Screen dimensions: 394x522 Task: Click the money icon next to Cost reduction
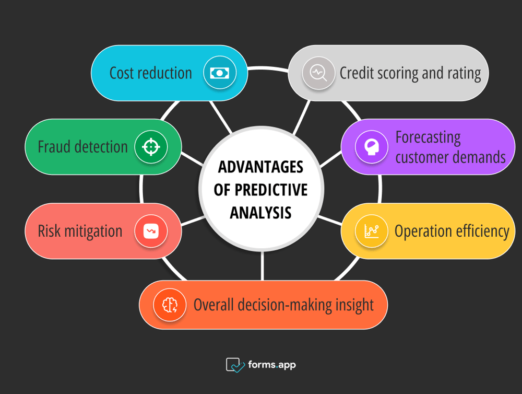[x=220, y=73]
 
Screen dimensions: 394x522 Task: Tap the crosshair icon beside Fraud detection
[x=151, y=147]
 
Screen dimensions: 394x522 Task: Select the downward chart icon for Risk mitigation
[x=151, y=231]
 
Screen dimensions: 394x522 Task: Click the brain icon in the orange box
[x=170, y=305]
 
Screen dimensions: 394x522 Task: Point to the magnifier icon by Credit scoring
[x=318, y=73]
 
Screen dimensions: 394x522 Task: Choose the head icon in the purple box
[x=372, y=147]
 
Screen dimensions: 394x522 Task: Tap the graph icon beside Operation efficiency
[x=372, y=231]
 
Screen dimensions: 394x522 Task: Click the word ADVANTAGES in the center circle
[x=260, y=167]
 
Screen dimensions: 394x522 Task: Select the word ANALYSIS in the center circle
[x=260, y=213]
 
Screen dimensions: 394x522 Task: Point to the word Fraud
[x=54, y=147]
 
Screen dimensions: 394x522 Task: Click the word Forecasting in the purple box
[x=428, y=137]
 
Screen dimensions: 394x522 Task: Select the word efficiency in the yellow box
[x=479, y=231]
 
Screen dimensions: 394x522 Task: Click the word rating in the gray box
[x=462, y=73]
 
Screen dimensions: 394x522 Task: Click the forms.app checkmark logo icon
[x=235, y=365]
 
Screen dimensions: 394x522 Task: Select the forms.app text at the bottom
[x=271, y=365]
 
